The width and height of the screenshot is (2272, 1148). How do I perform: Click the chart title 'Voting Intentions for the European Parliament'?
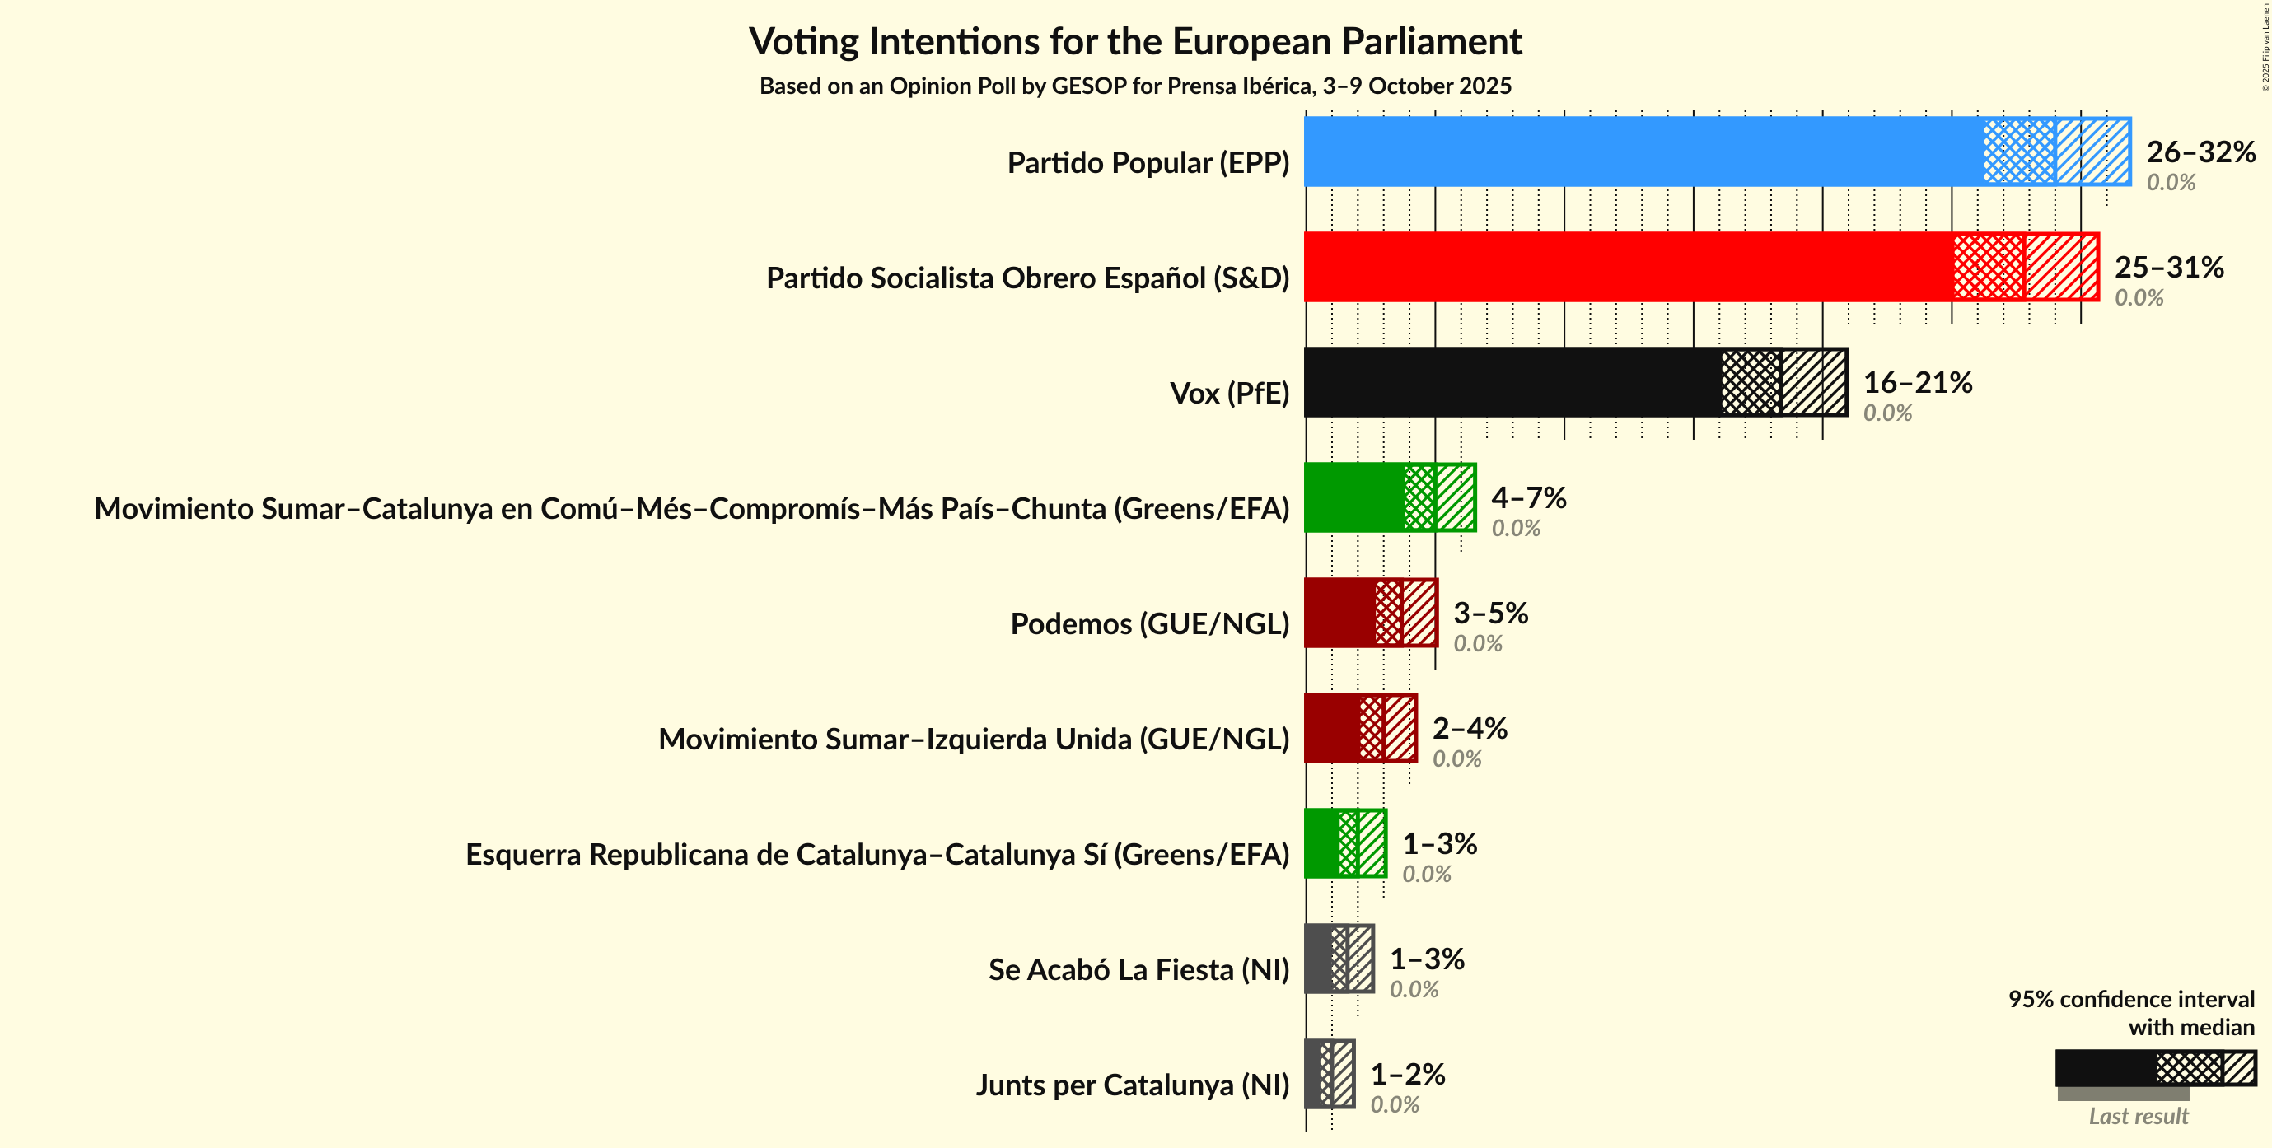tap(1135, 41)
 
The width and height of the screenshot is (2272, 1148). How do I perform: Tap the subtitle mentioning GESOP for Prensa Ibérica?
tap(1135, 86)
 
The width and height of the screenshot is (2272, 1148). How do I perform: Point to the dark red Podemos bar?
tap(1339, 613)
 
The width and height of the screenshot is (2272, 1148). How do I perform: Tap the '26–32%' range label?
tap(2200, 152)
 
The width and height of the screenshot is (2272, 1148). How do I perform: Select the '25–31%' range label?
tap(2169, 267)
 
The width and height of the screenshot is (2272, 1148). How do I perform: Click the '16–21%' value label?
tap(1918, 382)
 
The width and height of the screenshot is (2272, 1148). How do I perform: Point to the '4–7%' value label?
tap(1528, 497)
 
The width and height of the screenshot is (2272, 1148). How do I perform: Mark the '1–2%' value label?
tap(1408, 1074)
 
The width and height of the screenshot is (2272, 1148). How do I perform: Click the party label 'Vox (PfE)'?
tap(1228, 394)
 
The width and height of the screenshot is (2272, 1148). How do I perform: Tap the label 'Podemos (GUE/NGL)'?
tap(1149, 623)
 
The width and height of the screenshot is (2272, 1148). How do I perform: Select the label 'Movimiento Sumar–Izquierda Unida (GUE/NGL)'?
tap(974, 739)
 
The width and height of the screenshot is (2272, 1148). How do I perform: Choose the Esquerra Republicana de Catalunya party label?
tap(877, 854)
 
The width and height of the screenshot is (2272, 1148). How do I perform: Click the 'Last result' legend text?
tap(2138, 1116)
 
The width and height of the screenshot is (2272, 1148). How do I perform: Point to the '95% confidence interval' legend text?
tap(2131, 999)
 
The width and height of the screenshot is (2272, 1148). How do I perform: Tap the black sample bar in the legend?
tap(2105, 1068)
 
